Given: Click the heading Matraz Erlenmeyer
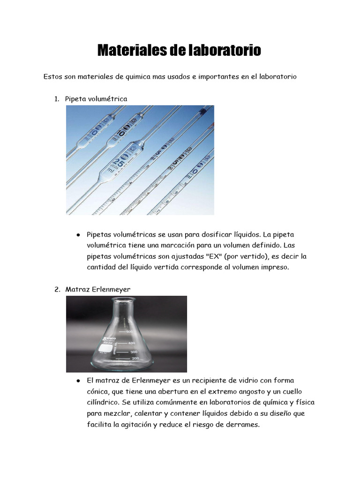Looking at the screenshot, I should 98,290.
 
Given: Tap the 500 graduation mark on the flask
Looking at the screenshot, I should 129,332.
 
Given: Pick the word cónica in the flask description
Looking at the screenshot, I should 97,391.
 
